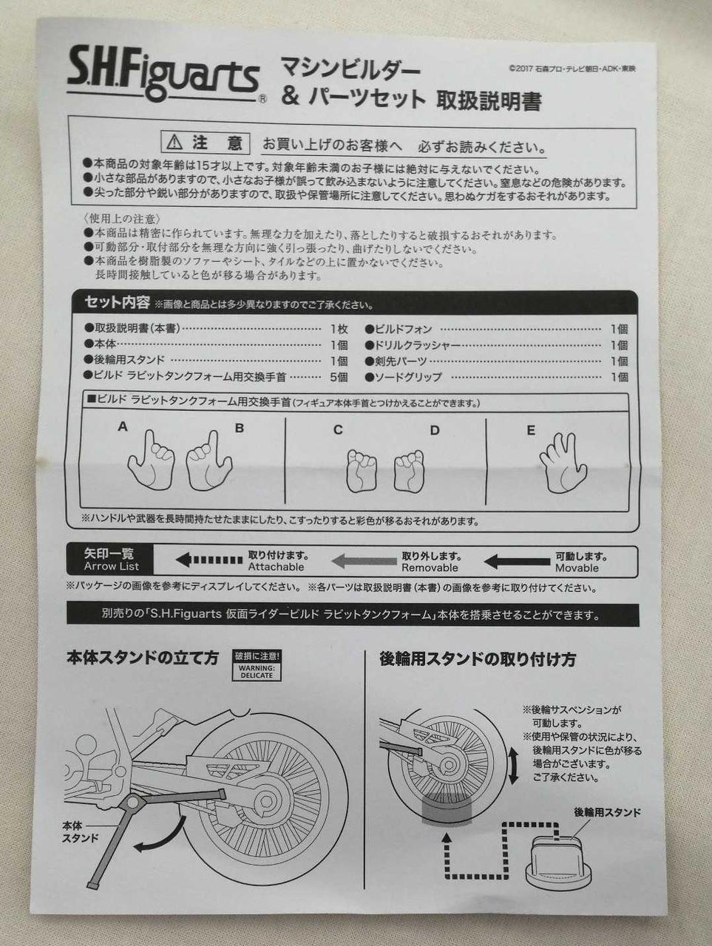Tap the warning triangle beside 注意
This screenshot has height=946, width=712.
coord(174,141)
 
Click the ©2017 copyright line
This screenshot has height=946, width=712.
coord(572,69)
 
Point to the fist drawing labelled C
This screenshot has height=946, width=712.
coord(362,471)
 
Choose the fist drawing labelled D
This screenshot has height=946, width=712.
coord(409,471)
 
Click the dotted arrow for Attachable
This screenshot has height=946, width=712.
coord(209,560)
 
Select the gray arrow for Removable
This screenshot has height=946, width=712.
coord(364,561)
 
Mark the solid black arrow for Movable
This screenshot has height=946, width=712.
coord(518,561)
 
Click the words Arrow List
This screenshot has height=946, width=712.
coord(112,566)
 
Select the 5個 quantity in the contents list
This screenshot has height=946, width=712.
coord(339,377)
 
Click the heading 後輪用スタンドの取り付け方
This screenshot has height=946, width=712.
coord(478,659)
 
